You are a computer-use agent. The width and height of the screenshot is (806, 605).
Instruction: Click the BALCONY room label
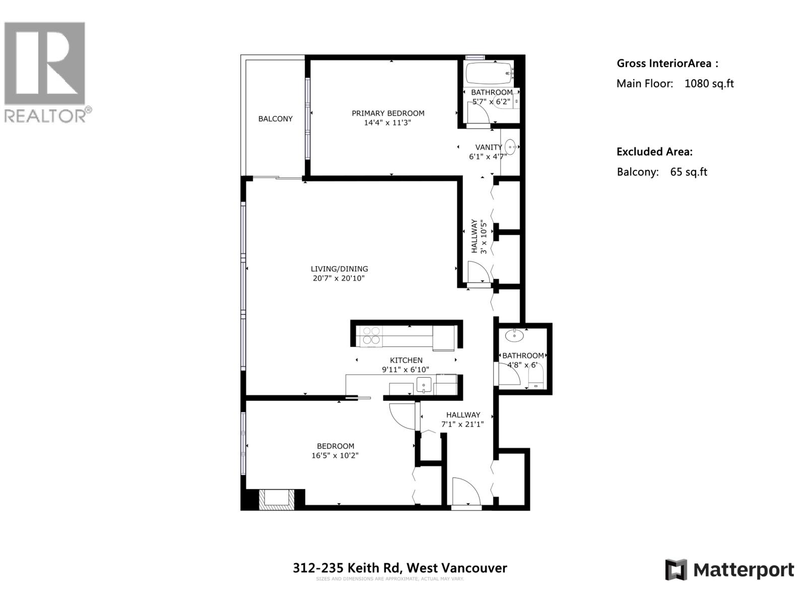(x=275, y=119)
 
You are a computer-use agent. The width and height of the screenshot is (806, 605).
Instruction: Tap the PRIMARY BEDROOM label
(x=388, y=113)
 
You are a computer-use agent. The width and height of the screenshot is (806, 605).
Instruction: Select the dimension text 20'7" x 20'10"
(x=338, y=278)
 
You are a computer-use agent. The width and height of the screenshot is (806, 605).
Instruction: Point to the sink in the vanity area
(x=510, y=147)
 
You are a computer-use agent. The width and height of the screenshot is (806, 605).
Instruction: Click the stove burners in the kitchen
(x=371, y=336)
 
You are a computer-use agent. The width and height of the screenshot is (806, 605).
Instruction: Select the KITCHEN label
(x=406, y=360)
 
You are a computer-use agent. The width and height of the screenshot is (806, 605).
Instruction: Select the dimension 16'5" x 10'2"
(x=335, y=455)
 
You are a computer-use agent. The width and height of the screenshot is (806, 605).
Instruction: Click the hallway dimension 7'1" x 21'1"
(x=462, y=425)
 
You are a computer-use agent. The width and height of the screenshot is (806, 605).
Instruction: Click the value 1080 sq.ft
(x=709, y=84)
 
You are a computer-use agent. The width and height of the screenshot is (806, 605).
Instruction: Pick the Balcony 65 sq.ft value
(x=688, y=172)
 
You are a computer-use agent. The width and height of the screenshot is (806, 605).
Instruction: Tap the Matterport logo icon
(x=676, y=570)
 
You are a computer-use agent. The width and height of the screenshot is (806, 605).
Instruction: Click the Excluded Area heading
(x=654, y=152)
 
